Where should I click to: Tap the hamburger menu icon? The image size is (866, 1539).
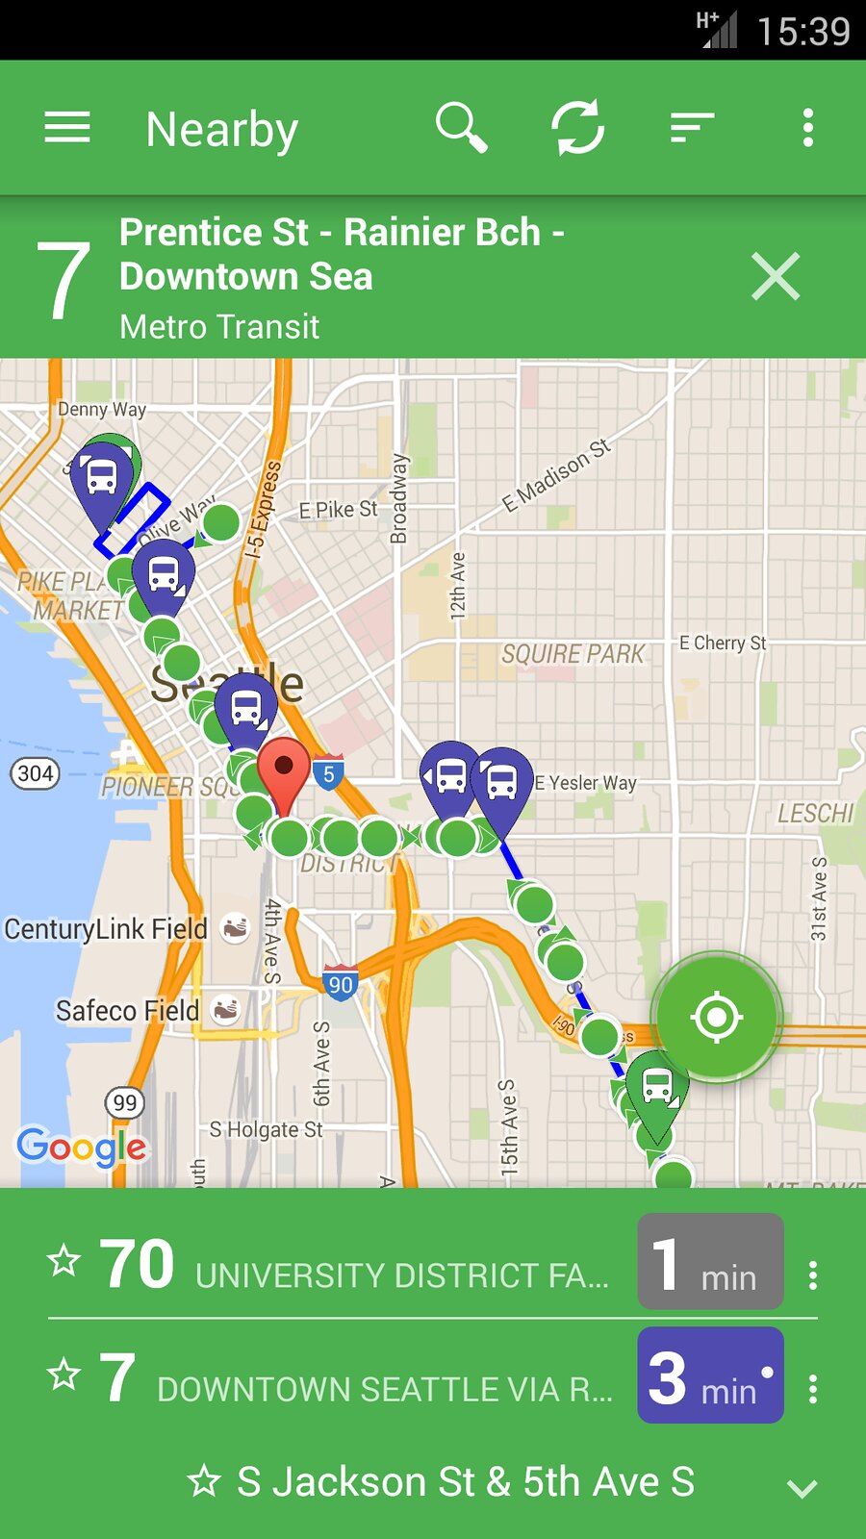(67, 127)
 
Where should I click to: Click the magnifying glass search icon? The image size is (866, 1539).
(461, 128)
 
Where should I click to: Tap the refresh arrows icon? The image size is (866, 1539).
(577, 128)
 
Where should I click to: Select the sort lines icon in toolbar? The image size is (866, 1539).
(692, 127)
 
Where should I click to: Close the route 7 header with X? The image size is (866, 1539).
(776, 277)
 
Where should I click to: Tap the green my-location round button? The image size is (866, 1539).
(717, 1017)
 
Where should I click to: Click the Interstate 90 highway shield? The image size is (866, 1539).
(341, 982)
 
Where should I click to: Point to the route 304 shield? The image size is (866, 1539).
(36, 773)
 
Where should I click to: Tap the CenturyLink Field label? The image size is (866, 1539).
(106, 929)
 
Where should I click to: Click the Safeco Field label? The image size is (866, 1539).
(127, 1011)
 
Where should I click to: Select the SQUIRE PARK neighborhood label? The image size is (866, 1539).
(573, 654)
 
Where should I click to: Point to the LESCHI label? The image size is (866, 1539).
(815, 814)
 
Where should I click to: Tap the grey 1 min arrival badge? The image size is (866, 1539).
(710, 1262)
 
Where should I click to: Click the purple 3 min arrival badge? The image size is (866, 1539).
(710, 1375)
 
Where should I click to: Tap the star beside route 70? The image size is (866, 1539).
(64, 1260)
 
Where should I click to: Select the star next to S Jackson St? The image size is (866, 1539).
(204, 1481)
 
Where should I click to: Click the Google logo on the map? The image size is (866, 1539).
(82, 1147)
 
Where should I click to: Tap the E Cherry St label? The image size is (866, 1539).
(723, 643)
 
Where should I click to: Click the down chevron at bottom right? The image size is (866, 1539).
(802, 1488)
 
